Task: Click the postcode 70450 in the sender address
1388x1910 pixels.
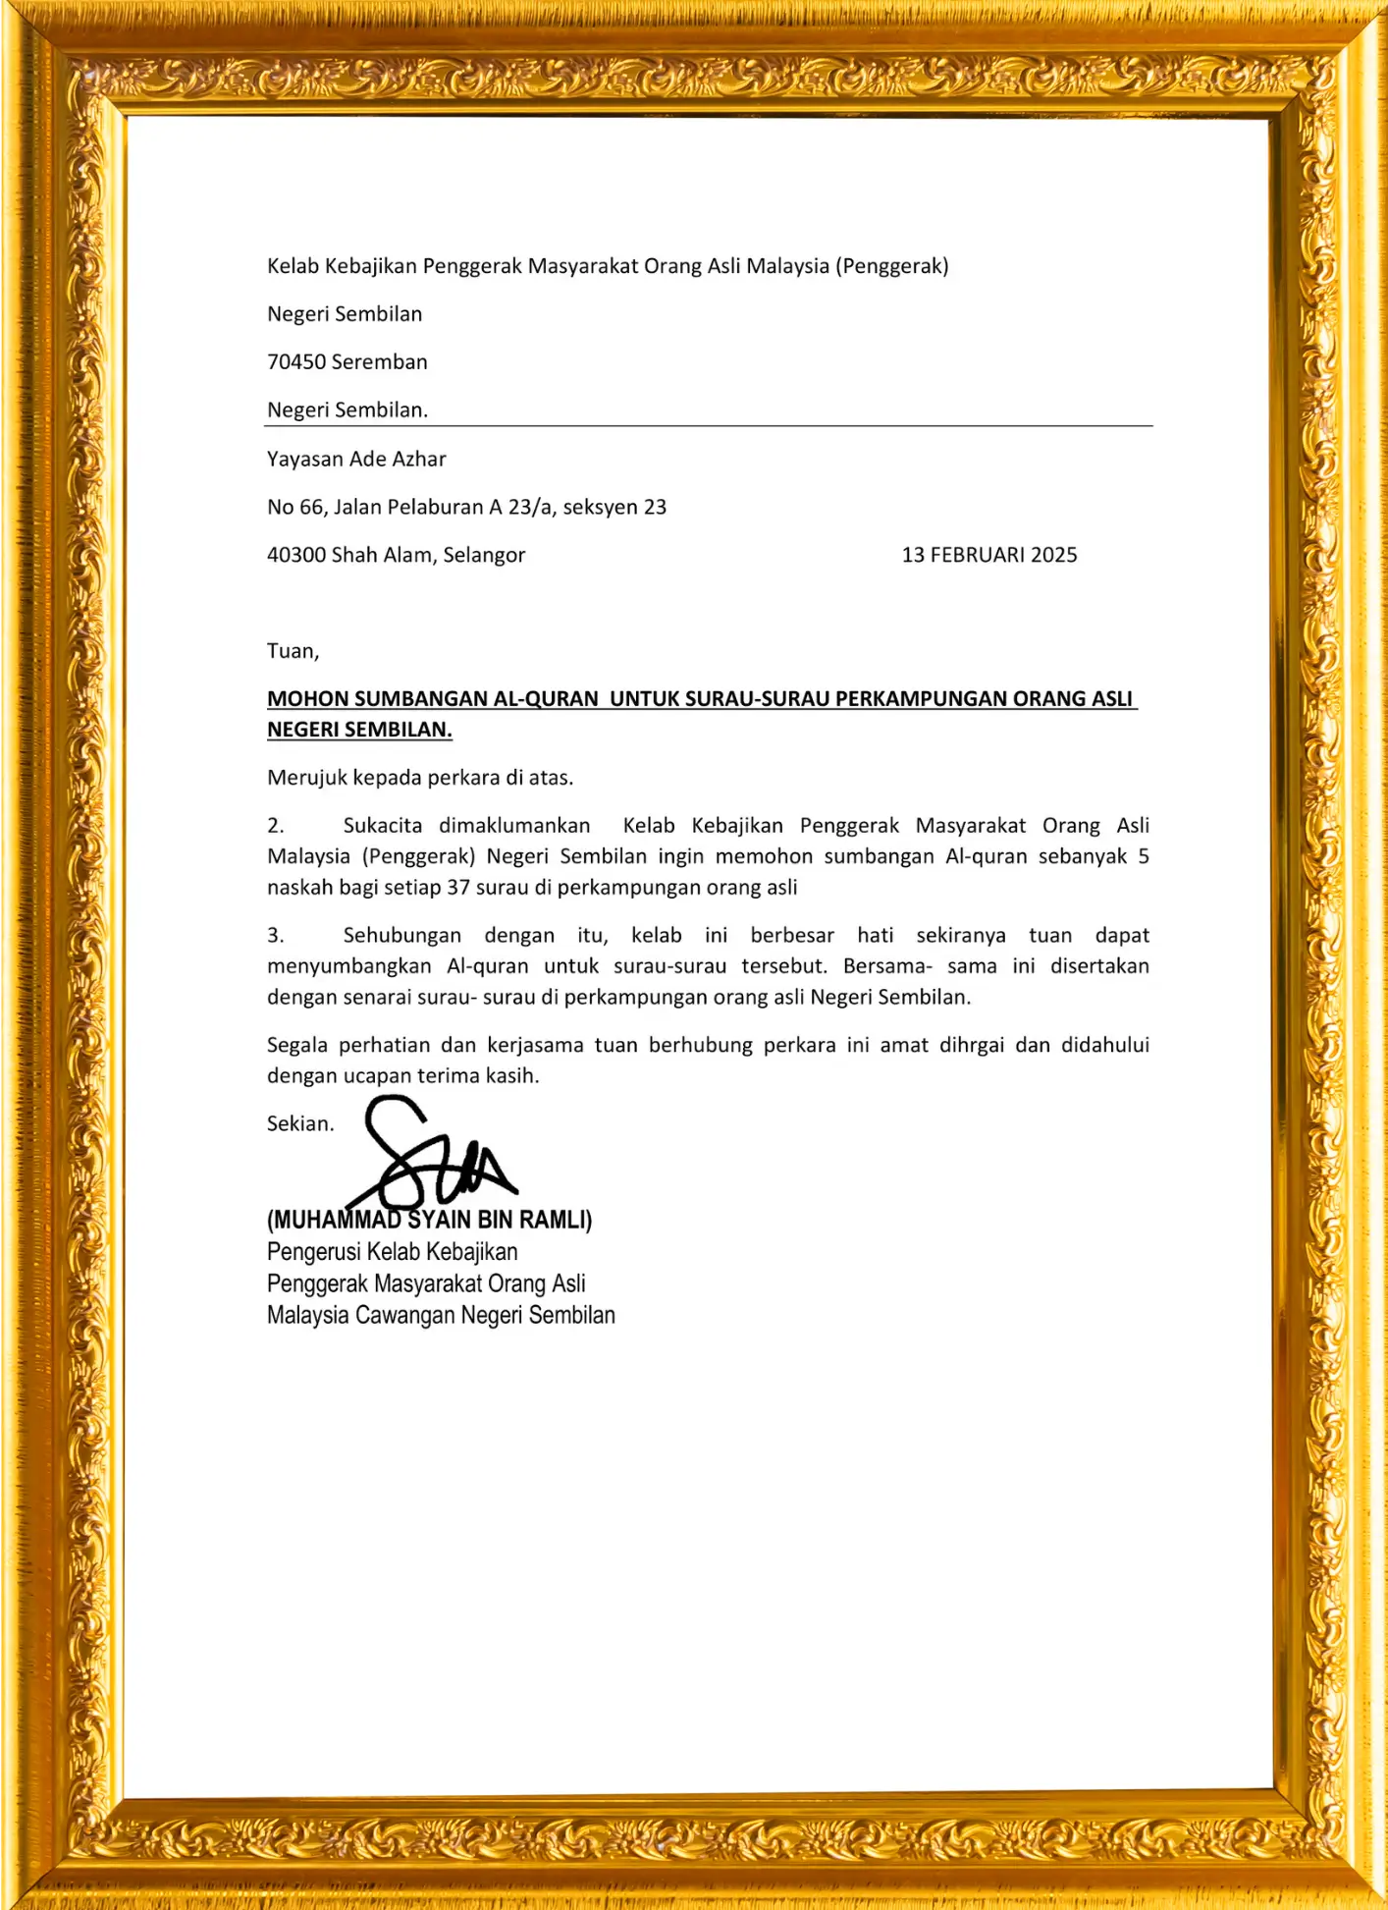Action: tap(296, 362)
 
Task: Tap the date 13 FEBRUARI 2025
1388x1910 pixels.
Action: tap(988, 556)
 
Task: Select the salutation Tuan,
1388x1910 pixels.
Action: tap(293, 651)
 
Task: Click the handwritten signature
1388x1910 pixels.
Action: tap(432, 1157)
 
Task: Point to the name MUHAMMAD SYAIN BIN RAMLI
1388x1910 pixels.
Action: tap(430, 1221)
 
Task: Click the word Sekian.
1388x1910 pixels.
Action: tap(300, 1124)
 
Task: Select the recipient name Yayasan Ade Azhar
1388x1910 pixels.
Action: tap(356, 460)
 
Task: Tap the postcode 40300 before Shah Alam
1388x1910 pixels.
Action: tap(296, 556)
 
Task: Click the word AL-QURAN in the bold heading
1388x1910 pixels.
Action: tap(546, 699)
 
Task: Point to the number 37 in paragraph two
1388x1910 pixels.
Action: tap(458, 888)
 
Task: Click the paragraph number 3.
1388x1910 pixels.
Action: tap(276, 936)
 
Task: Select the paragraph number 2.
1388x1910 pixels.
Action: tap(276, 826)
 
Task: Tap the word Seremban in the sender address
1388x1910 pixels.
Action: tap(380, 362)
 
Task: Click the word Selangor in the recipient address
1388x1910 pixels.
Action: tap(484, 556)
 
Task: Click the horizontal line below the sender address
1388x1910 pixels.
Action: tap(708, 426)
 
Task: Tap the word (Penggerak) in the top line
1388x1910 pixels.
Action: tap(891, 266)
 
